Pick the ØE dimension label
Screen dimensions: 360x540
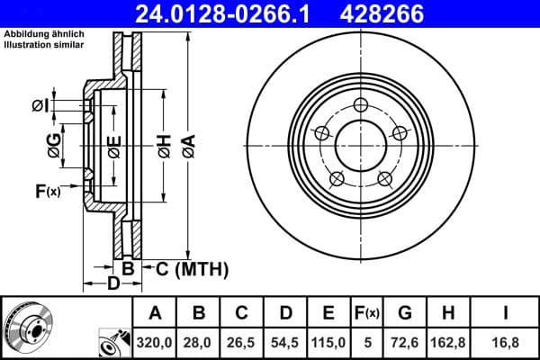coord(113,147)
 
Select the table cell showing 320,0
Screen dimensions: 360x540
coord(155,341)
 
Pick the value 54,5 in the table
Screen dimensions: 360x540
coord(285,341)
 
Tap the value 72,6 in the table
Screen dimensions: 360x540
coord(404,341)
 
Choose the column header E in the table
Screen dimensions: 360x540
coord(328,313)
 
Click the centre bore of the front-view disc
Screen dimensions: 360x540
coord(362,144)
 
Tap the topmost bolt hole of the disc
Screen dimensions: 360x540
coord(362,103)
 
